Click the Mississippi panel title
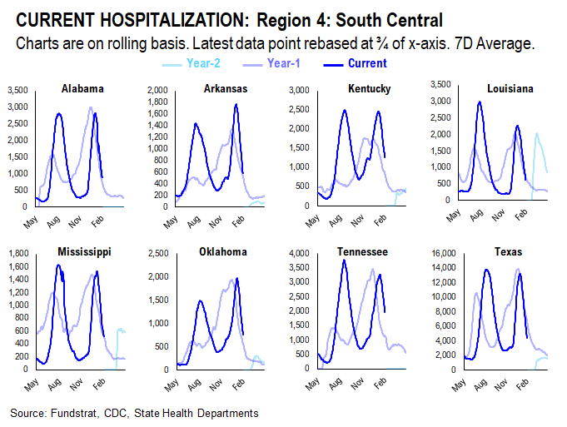(x=85, y=251)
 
